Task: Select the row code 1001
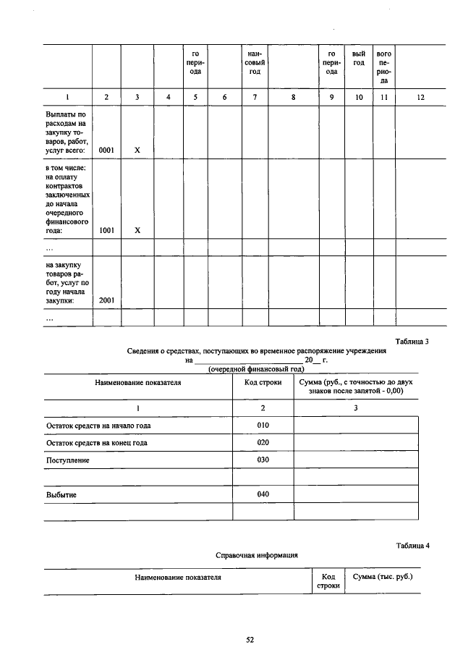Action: tap(106, 230)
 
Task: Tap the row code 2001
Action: tap(106, 300)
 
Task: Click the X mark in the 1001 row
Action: tap(136, 230)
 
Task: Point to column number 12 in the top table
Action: tap(420, 96)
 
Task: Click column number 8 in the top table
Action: tap(294, 96)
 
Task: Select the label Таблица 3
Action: tap(412, 342)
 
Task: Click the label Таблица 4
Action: tap(412, 545)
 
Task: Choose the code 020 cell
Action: tap(263, 442)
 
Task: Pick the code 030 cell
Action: tap(263, 460)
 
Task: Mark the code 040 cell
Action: tap(263, 494)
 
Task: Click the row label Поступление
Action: tap(67, 460)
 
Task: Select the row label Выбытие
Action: tap(61, 495)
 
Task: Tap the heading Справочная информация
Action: tap(257, 556)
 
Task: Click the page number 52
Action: tap(250, 639)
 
